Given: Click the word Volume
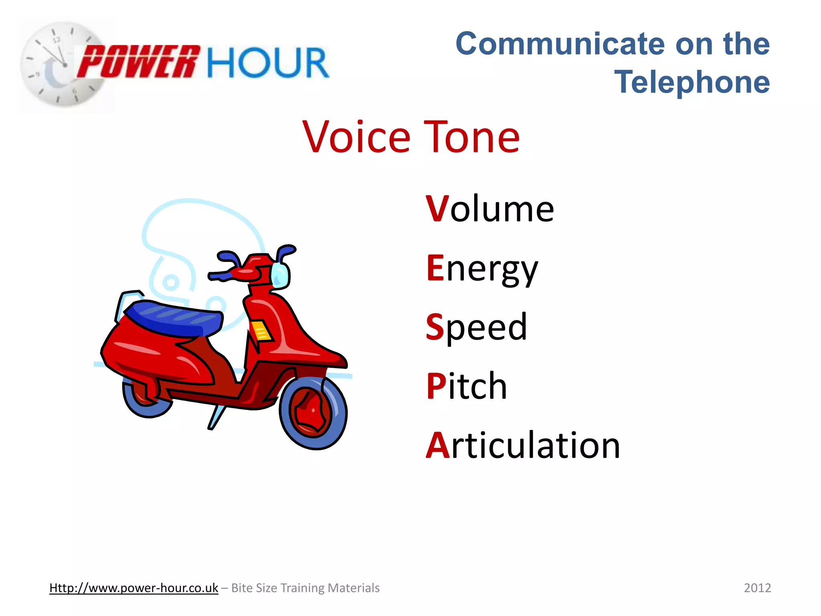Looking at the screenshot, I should pyautogui.click(x=490, y=209).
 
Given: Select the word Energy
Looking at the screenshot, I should pyautogui.click(x=482, y=269).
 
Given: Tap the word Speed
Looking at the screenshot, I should pyautogui.click(x=476, y=327).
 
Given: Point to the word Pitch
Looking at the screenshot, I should pyautogui.click(x=467, y=386).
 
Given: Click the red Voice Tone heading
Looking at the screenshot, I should pyautogui.click(x=411, y=138).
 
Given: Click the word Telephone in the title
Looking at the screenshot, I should pyautogui.click(x=692, y=82).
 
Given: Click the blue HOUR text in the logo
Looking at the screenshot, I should pyautogui.click(x=268, y=63).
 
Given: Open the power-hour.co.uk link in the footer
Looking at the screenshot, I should pyautogui.click(x=133, y=588).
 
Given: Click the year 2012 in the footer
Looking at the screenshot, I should pyautogui.click(x=757, y=588).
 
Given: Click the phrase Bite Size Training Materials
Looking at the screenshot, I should pyautogui.click(x=305, y=588).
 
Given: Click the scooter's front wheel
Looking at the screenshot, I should pyautogui.click(x=313, y=413).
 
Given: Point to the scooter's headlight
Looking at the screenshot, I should pyautogui.click(x=280, y=276).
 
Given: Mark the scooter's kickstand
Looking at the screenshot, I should pyautogui.click(x=216, y=417).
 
